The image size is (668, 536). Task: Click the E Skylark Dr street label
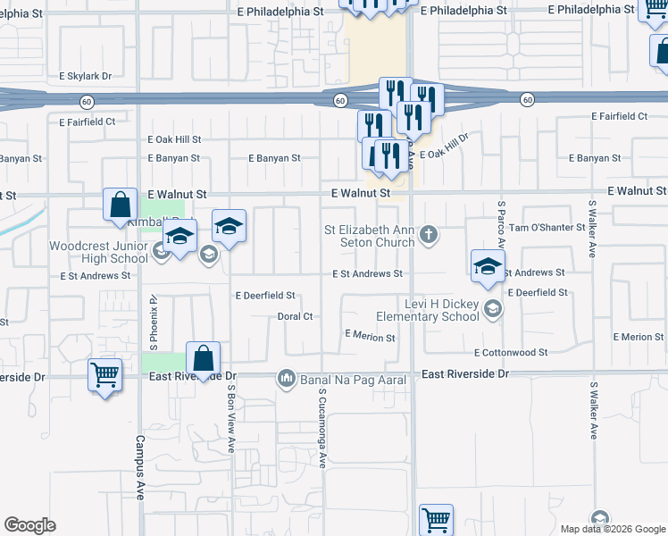pos(86,77)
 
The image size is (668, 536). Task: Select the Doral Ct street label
pos(295,316)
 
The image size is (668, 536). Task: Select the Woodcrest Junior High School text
pos(98,252)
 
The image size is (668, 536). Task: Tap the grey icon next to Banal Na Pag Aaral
pos(287,380)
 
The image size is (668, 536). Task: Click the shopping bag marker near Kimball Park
pos(120,205)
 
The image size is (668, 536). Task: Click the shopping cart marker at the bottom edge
pos(436,519)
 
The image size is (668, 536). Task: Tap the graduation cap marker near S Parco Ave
pos(488,265)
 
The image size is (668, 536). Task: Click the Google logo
pos(30,525)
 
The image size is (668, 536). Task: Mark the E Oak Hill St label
pos(174,139)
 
